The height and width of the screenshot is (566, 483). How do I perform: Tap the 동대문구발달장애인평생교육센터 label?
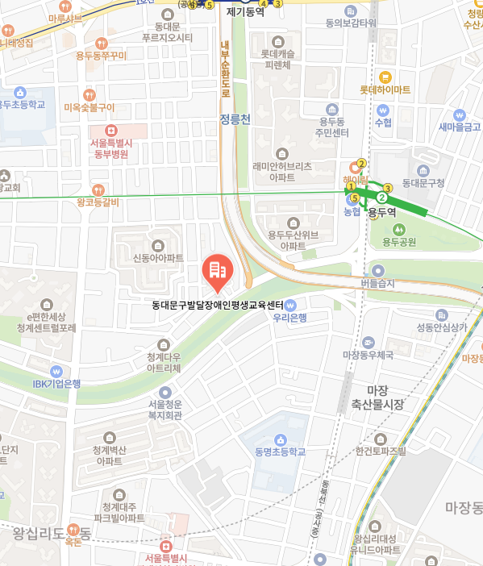218,306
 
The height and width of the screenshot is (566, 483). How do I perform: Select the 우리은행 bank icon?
291,305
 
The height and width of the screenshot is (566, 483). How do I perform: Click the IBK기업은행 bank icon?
56,371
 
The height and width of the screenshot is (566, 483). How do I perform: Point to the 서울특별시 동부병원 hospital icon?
111,130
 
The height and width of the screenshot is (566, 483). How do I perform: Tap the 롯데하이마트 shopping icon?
385,77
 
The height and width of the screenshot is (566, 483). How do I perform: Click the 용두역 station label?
382,213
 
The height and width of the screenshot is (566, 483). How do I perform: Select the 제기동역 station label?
245,12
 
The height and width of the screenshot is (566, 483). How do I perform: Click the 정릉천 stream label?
235,119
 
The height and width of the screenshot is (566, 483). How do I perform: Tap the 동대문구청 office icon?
423,171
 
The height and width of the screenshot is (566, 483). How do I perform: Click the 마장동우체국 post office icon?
368,342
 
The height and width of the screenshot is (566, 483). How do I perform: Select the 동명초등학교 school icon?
280,439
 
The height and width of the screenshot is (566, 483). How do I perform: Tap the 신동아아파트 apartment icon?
158,245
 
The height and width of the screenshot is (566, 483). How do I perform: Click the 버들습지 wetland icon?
377,271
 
